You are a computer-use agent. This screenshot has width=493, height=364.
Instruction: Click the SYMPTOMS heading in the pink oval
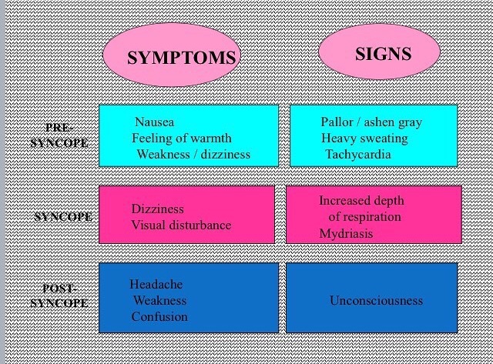[x=182, y=58]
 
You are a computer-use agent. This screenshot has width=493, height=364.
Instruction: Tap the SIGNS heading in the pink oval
[x=384, y=54]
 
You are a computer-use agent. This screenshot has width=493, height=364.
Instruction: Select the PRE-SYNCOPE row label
[x=59, y=135]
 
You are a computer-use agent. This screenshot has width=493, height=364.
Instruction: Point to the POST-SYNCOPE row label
[x=59, y=296]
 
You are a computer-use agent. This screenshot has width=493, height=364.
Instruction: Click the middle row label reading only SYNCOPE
[x=63, y=217]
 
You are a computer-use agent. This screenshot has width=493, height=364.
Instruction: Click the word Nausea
[x=154, y=122]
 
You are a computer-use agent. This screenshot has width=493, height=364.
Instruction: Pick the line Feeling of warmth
[x=182, y=139]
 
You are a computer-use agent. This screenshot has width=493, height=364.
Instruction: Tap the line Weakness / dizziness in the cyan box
[x=193, y=154]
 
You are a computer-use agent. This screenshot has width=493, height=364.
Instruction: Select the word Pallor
[x=337, y=122]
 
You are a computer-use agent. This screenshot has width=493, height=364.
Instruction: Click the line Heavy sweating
[x=364, y=139]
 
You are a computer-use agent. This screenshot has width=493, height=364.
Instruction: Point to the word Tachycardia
[x=358, y=155]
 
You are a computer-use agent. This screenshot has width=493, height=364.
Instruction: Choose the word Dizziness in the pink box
[x=157, y=209]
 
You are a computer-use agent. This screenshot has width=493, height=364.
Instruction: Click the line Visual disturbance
[x=181, y=225]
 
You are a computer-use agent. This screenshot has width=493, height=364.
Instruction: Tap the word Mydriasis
[x=346, y=234]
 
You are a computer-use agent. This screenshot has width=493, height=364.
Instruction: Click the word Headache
[x=156, y=284]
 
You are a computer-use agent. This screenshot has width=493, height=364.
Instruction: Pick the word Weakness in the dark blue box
[x=159, y=301]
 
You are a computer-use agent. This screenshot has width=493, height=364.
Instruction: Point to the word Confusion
[x=159, y=316]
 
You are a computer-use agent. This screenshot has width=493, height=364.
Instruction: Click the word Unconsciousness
[x=377, y=301]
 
